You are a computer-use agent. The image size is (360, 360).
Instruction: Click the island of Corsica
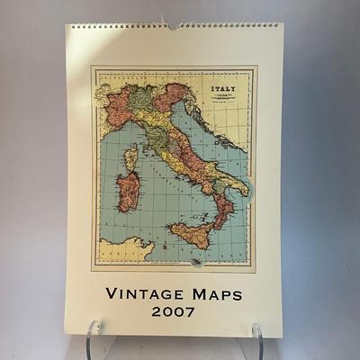click(x=131, y=157)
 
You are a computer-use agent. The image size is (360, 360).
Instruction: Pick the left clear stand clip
click(x=93, y=337)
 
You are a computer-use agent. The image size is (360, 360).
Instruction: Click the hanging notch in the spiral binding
click(x=174, y=26)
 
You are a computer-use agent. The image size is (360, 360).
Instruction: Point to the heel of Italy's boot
click(x=242, y=185)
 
